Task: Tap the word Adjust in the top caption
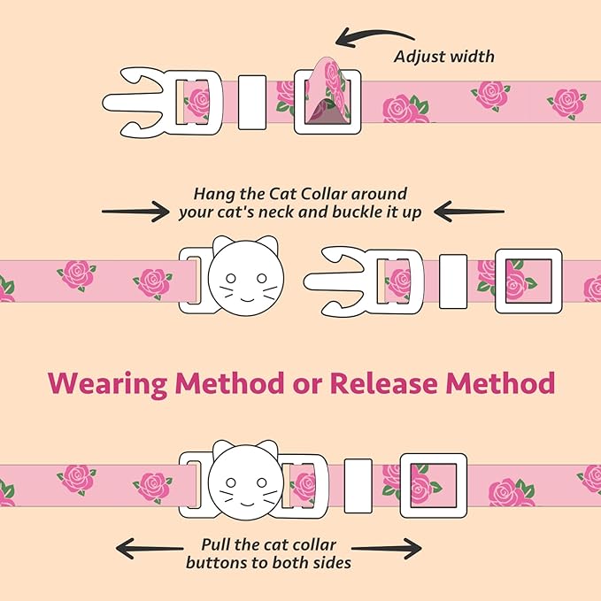pos(419,57)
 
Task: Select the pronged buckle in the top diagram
pos(162,103)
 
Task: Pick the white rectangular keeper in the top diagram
pos(252,102)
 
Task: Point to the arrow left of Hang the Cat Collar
pos(135,212)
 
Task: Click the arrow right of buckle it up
pos(469,212)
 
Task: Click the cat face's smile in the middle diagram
pos(246,299)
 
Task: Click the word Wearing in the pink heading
pos(108,383)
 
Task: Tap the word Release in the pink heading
pos(383,383)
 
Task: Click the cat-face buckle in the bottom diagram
pos(246,481)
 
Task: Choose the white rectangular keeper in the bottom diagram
pos(358,486)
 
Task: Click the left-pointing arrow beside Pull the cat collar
pos(150,548)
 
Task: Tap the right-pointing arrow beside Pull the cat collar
pos(386,549)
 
